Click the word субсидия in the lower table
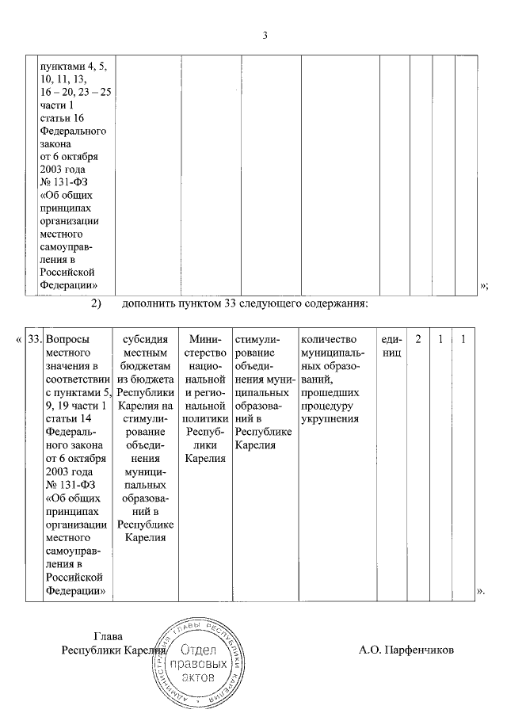(x=145, y=339)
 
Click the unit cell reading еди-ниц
(x=391, y=346)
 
